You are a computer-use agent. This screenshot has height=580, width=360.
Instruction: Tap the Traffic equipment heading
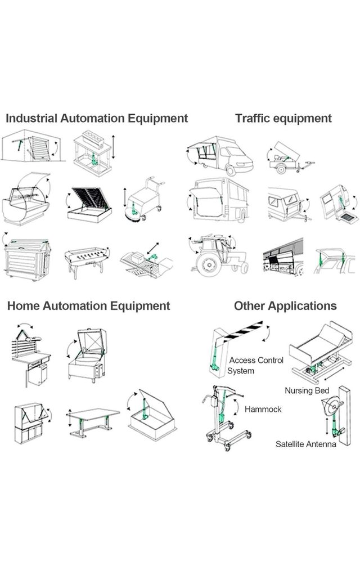coord(283,119)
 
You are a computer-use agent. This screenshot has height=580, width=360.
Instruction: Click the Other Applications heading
coord(285,306)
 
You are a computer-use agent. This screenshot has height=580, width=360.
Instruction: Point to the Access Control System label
coord(256,365)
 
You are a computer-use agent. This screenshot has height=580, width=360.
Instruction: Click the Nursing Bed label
coord(307,390)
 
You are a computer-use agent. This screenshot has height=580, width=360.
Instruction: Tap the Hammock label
coord(263,410)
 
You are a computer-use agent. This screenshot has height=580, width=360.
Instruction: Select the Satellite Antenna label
coord(305,444)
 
